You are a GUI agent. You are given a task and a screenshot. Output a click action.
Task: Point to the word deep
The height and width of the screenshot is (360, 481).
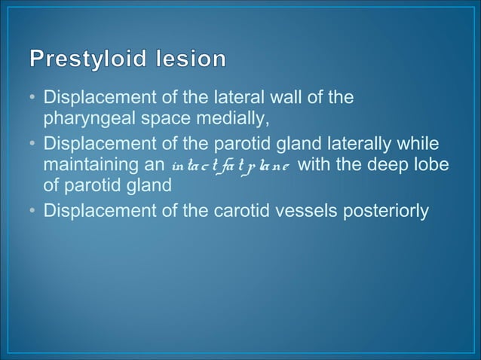click(x=394, y=163)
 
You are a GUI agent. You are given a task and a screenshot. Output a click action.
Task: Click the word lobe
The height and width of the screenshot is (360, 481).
click(x=435, y=163)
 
